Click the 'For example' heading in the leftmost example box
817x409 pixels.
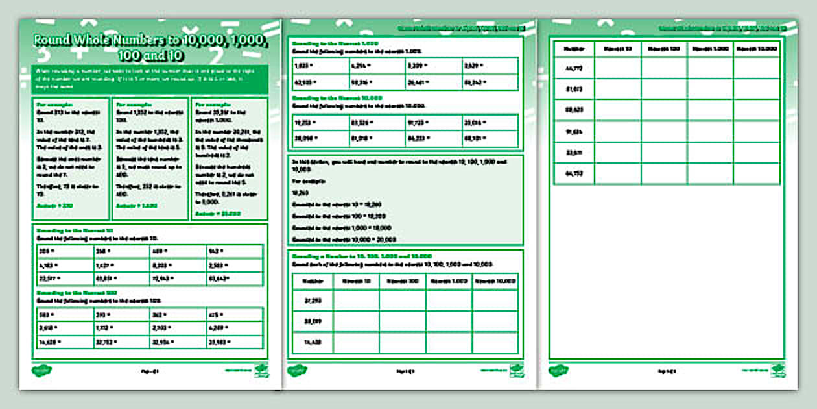54,103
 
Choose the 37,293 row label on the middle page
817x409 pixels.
311,300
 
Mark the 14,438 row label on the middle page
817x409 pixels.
311,342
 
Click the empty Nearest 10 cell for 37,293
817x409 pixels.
356,300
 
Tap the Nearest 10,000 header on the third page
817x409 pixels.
757,48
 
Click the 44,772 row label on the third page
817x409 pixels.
574,68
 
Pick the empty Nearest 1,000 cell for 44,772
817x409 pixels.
711,68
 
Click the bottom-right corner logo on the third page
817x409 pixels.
777,370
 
